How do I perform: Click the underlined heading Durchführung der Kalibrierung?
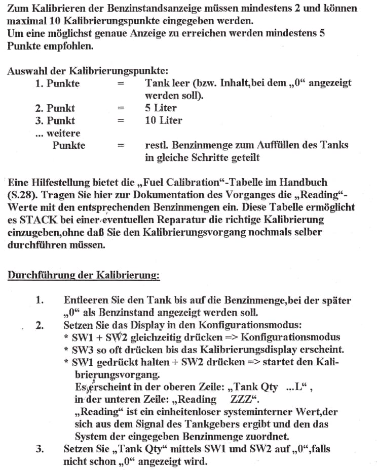(84, 276)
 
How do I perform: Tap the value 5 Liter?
(161, 108)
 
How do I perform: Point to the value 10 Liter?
(163, 120)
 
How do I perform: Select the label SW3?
(82, 350)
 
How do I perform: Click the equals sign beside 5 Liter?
(120, 108)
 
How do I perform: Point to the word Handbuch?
(304, 182)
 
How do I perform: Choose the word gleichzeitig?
(162, 337)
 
